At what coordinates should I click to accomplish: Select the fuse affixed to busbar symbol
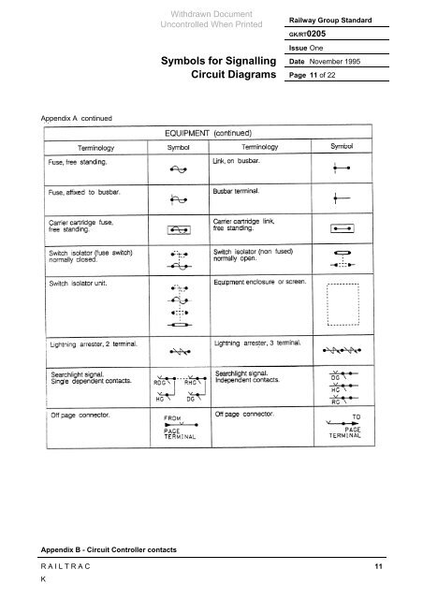point(178,199)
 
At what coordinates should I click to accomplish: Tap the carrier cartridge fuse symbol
point(178,229)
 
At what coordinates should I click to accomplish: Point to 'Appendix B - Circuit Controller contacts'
point(100,548)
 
